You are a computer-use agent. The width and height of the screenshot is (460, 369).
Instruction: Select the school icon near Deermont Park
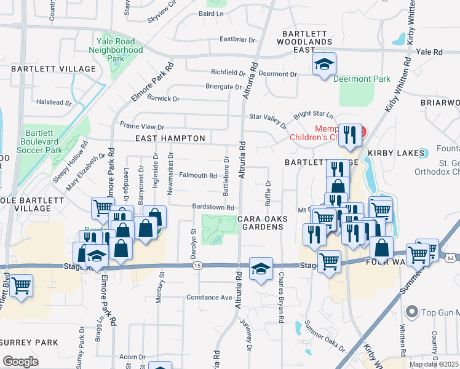pyautogui.click(x=324, y=65)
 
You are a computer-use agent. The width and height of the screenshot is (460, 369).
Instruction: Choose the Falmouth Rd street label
pyautogui.click(x=197, y=175)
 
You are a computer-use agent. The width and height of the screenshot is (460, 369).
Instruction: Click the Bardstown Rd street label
pyautogui.click(x=213, y=207)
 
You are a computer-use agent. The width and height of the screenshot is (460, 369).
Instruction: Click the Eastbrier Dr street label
pyautogui.click(x=237, y=40)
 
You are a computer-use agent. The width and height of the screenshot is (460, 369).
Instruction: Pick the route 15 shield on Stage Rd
pyautogui.click(x=197, y=265)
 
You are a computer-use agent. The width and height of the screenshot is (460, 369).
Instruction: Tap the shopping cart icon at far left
pyautogui.click(x=22, y=285)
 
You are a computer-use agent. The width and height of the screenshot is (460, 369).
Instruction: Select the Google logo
pyautogui.click(x=20, y=361)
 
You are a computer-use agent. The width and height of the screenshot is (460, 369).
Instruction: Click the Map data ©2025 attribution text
pyautogui.click(x=434, y=364)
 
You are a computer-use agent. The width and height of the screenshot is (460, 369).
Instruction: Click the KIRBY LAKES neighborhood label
pyautogui.click(x=397, y=153)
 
